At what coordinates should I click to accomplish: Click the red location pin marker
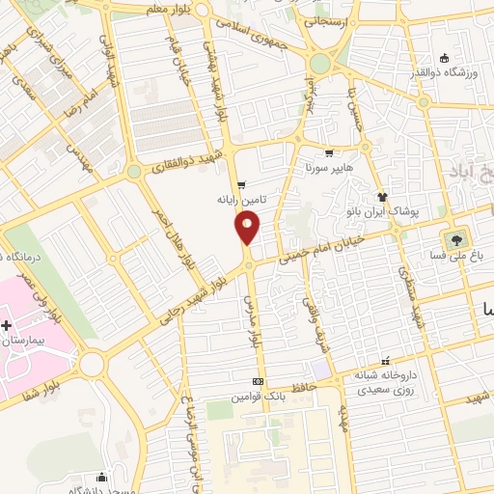248,229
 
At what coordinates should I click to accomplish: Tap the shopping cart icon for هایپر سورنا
330,152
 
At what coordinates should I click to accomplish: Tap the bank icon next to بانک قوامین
258,381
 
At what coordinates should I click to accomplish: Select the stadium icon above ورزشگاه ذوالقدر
443,57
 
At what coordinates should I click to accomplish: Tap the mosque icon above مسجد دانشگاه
101,476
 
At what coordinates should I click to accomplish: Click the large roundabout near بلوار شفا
93,364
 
